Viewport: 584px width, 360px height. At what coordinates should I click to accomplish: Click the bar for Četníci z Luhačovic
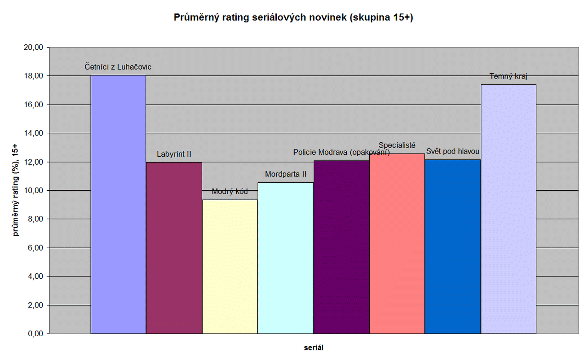point(118,204)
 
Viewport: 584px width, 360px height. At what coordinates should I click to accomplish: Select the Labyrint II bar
point(174,248)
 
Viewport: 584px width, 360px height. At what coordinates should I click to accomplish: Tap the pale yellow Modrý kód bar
point(230,267)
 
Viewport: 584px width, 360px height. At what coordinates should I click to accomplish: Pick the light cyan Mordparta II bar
point(286,258)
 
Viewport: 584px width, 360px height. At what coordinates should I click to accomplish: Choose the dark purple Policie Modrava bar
point(341,247)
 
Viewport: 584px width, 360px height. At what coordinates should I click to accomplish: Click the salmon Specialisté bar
point(397,244)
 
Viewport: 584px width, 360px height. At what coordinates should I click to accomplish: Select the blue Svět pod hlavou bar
point(453,246)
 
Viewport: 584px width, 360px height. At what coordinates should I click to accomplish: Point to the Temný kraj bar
point(509,209)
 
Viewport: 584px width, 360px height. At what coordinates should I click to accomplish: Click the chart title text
point(293,18)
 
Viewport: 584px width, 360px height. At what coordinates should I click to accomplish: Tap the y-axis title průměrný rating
point(17,190)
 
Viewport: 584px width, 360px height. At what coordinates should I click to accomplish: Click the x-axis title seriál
point(313,347)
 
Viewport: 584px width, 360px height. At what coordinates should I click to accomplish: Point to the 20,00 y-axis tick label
point(33,47)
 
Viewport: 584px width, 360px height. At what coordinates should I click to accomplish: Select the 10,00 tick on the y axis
point(33,190)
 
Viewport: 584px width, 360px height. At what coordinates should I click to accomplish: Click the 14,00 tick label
point(33,133)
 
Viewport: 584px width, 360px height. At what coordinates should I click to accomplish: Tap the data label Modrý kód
point(230,192)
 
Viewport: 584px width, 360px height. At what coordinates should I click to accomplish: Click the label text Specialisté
point(397,145)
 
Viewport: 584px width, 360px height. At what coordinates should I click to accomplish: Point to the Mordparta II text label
point(286,174)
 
